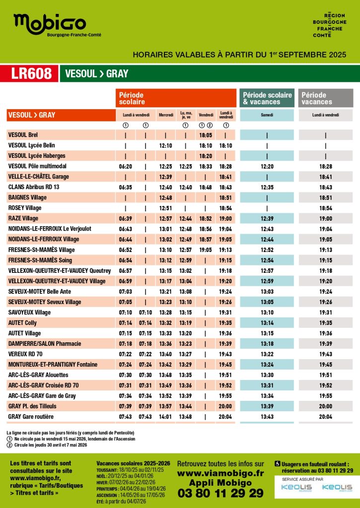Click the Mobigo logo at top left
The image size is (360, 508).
click(x=50, y=25)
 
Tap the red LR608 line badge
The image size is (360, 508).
click(x=31, y=73)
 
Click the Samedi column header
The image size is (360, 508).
click(x=267, y=115)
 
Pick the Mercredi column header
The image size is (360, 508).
click(x=166, y=115)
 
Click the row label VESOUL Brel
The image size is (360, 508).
click(x=23, y=135)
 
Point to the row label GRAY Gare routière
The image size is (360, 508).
click(x=31, y=416)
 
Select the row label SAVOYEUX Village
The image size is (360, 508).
click(x=30, y=312)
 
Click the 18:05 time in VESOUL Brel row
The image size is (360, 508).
click(x=206, y=135)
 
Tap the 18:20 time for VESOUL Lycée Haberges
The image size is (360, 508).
click(x=206, y=156)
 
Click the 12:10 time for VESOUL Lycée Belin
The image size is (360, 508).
click(x=165, y=145)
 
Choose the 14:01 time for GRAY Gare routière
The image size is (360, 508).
click(x=165, y=416)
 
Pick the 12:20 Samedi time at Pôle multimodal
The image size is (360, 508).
click(x=267, y=166)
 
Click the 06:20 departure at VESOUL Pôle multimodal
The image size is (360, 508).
click(x=126, y=166)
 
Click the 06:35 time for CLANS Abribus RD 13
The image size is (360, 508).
click(x=126, y=187)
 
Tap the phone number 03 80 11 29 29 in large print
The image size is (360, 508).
click(x=220, y=493)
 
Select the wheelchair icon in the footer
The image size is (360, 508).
click(x=278, y=463)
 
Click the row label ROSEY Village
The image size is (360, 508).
click(x=25, y=208)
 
